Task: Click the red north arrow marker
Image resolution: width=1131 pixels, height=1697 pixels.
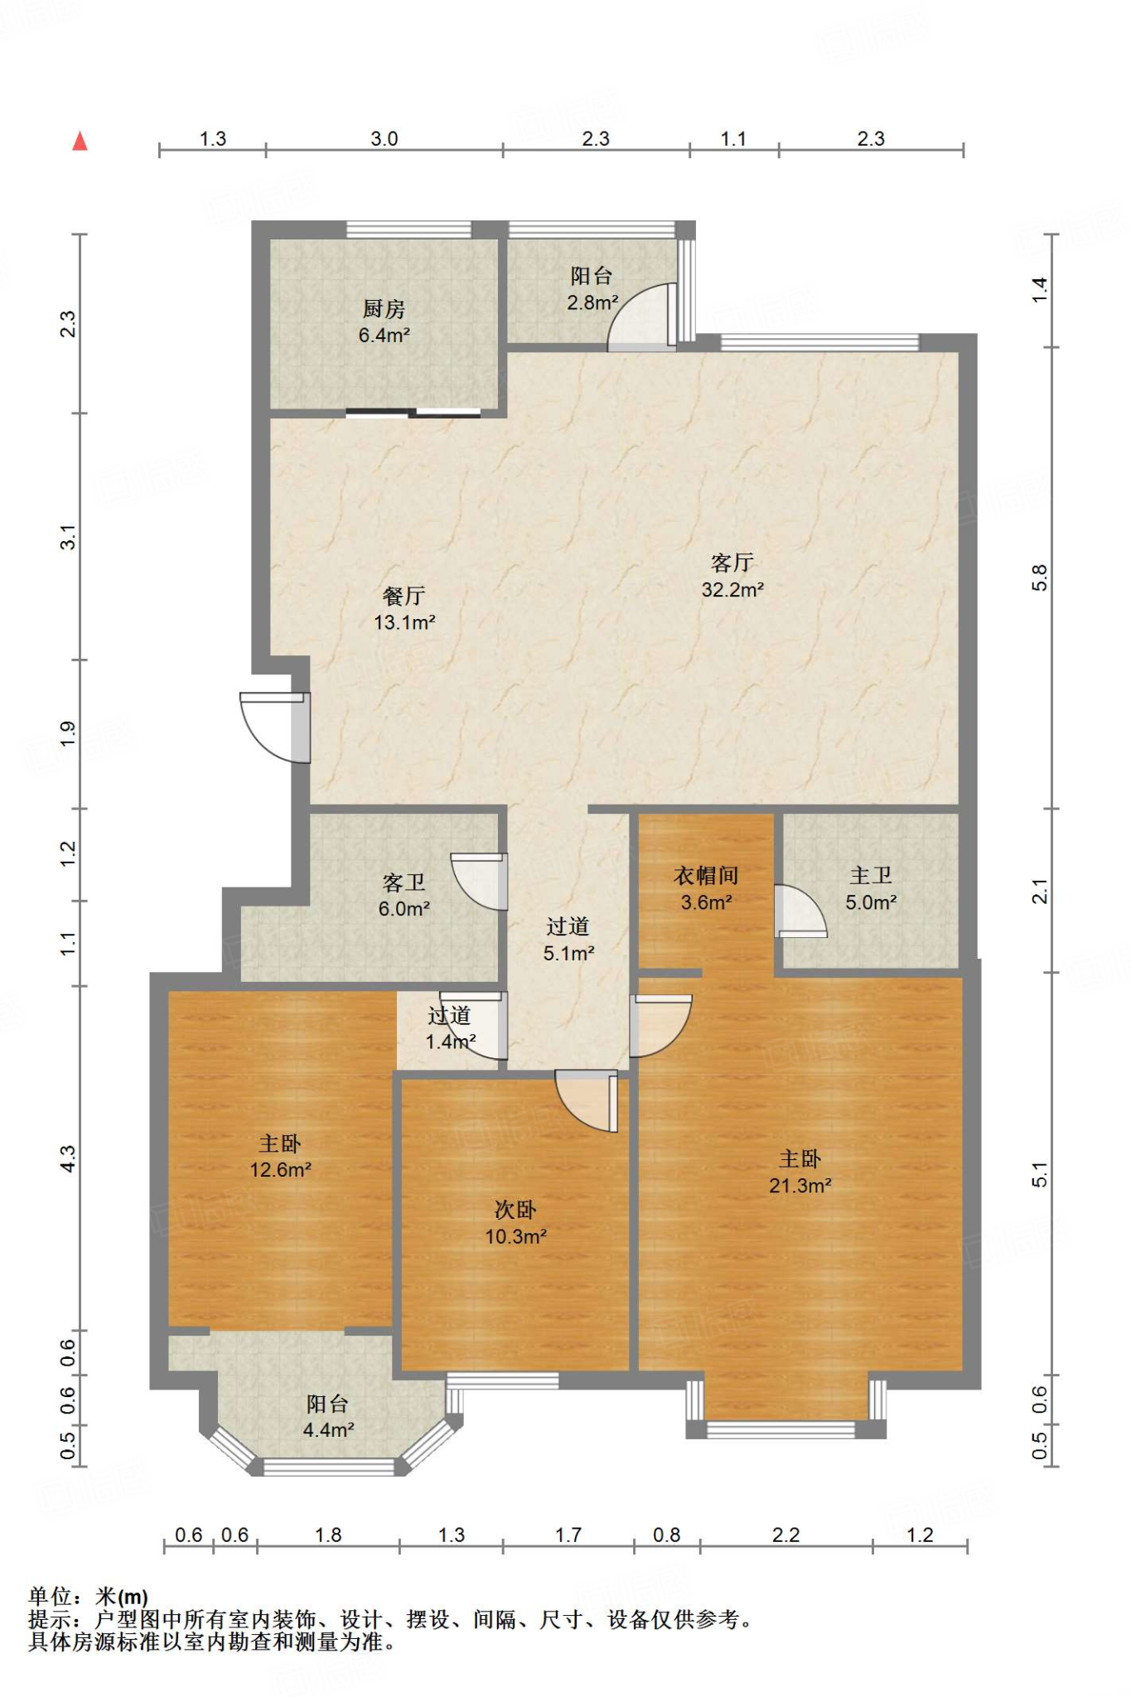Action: coord(80,141)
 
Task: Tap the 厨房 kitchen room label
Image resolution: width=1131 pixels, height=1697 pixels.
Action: coord(384,309)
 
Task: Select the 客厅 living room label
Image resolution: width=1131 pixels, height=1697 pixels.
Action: coord(732,563)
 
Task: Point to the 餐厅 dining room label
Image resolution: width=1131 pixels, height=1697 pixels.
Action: coord(404,596)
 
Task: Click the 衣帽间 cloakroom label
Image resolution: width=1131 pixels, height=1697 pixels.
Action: coord(706,875)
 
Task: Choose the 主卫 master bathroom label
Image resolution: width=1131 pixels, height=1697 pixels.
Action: coord(871,875)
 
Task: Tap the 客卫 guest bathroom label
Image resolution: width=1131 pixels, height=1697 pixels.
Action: coord(404,882)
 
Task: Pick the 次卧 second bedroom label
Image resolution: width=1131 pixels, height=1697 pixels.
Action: coord(515,1210)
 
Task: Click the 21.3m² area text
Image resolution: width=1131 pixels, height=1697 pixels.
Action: coord(800,1186)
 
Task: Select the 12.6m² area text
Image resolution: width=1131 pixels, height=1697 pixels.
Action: coord(280,1170)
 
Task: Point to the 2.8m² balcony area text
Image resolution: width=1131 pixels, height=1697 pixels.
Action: coord(592,303)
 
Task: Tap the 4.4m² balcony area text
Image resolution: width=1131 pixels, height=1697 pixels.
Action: coord(328,1430)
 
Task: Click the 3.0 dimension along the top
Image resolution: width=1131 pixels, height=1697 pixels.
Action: coord(384,138)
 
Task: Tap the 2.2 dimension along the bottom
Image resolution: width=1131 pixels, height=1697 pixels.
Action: coord(785,1535)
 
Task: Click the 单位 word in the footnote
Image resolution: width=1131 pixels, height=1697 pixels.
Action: coord(51,1596)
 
